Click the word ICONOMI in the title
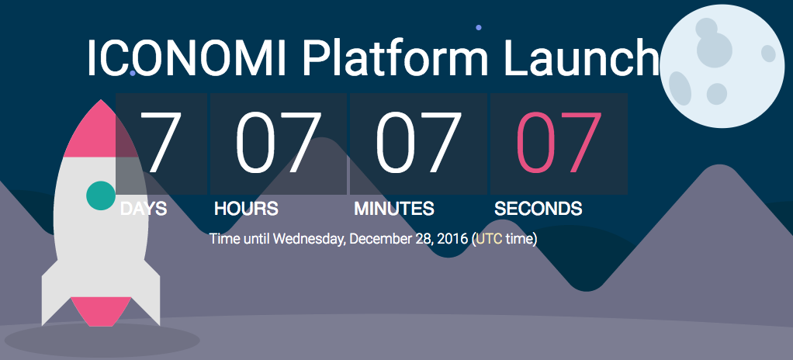click(187, 57)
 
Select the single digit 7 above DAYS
click(161, 142)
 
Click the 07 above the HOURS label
click(279, 142)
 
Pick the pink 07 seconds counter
click(559, 142)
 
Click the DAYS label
click(144, 208)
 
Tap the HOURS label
click(246, 208)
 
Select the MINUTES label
click(394, 208)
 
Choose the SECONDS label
click(538, 208)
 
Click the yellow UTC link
click(489, 239)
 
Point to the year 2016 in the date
click(452, 239)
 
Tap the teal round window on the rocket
click(101, 196)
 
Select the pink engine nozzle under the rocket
click(101, 311)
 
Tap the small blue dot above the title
click(479, 28)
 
